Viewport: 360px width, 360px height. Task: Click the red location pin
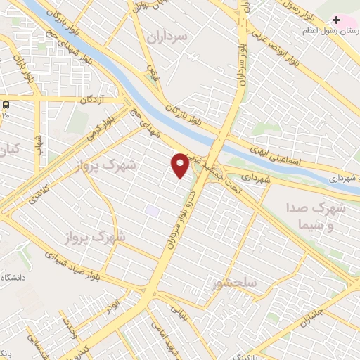pos(180,165)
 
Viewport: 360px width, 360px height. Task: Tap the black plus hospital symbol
pos(336,20)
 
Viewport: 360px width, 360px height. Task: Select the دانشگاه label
pos(14,278)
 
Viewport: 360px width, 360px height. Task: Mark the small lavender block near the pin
pos(151,210)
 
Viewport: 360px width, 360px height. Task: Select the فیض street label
pos(152,72)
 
